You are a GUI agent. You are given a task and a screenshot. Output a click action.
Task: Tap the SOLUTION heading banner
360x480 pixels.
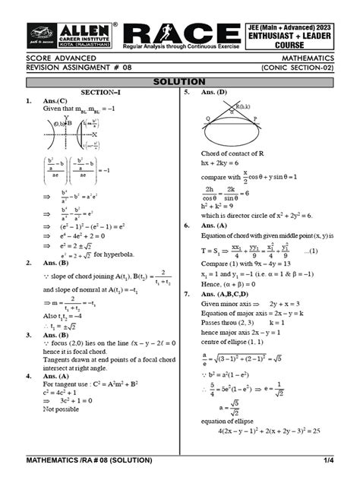point(179,81)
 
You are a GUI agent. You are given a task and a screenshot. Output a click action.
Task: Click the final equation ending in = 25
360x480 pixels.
point(265,431)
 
